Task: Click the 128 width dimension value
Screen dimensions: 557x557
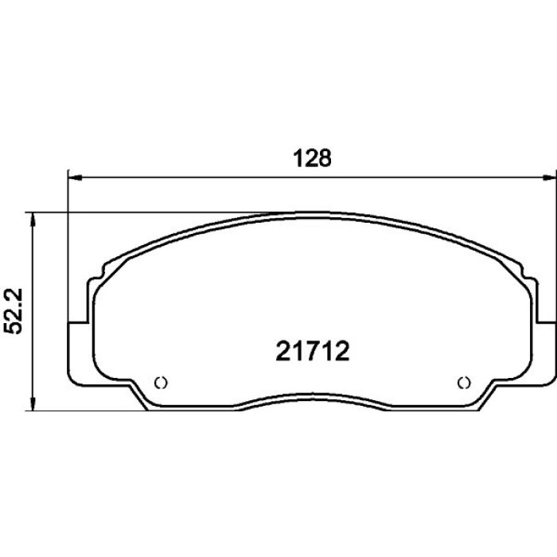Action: point(312,158)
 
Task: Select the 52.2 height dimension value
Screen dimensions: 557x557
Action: point(14,311)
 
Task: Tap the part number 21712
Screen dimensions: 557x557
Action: point(313,351)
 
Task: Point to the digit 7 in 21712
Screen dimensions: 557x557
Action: point(313,351)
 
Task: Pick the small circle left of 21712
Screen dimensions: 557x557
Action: point(161,383)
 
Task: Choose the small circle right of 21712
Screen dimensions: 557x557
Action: point(464,383)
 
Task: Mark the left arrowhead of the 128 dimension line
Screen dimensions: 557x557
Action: point(75,177)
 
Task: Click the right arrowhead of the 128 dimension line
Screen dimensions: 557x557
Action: point(550,177)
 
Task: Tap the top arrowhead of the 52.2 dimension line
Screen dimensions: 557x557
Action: point(33,220)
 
